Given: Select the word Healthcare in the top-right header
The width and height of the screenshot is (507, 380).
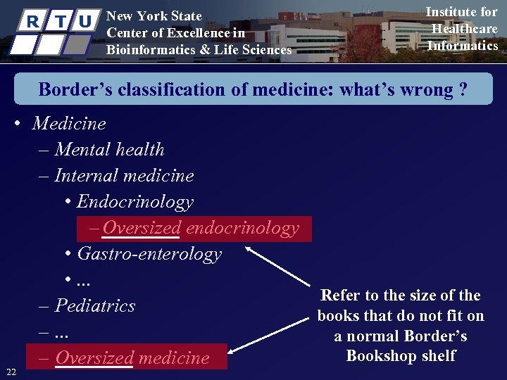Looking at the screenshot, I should click(x=464, y=29).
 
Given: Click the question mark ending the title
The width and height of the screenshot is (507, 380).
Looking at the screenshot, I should click(x=463, y=90).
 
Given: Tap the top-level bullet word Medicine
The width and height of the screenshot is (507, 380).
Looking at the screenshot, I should click(x=69, y=124).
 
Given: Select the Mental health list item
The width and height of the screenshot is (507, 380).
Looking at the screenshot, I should click(x=109, y=150).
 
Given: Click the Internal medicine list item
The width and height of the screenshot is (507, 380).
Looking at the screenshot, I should click(x=123, y=176).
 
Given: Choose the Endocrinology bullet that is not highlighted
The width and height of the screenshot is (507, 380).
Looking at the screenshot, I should click(x=134, y=202).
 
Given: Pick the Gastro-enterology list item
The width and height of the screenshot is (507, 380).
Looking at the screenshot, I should click(x=149, y=254).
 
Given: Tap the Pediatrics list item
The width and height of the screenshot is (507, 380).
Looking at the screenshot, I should click(x=94, y=306).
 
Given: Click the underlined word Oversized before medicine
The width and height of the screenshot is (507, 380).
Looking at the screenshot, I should click(x=94, y=358).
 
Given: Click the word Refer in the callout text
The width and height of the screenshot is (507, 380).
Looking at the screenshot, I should click(x=342, y=296).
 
